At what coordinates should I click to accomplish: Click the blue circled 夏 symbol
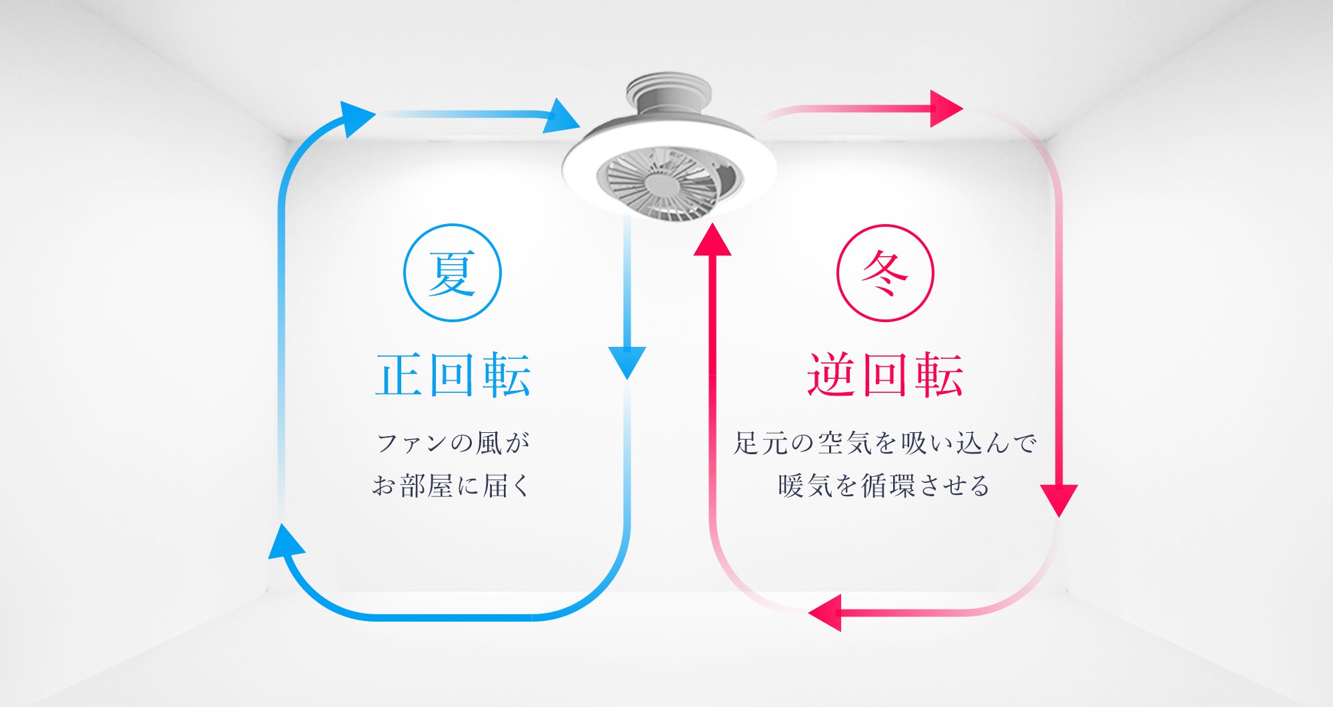(453, 273)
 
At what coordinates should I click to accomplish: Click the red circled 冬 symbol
(885, 273)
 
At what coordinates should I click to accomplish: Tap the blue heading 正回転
(453, 375)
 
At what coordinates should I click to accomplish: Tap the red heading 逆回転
(885, 375)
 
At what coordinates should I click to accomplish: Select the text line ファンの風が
(453, 443)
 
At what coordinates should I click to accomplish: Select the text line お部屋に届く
(451, 486)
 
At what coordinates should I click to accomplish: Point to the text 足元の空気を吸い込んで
(885, 443)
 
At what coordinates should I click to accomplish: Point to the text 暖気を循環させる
(884, 486)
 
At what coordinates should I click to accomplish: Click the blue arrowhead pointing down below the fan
(627, 363)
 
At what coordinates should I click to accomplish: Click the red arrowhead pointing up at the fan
(712, 239)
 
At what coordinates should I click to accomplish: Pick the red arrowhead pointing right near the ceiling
(946, 108)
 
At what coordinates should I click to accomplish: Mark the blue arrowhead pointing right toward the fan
(561, 115)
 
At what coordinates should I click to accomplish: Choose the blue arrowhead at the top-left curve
(357, 119)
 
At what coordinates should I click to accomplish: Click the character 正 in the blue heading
(401, 375)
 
